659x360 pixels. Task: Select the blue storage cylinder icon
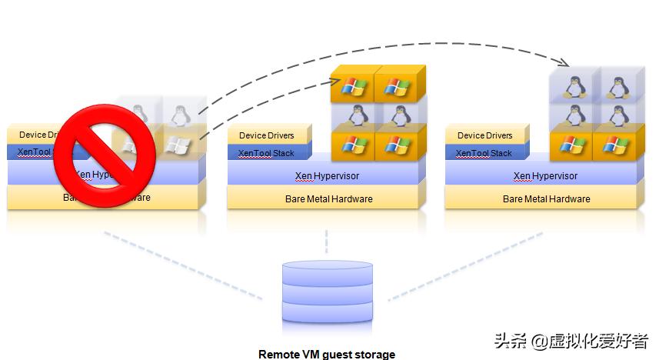coord(327,293)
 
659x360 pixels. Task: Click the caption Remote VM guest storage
coord(327,354)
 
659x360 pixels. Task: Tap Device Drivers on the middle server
coord(267,135)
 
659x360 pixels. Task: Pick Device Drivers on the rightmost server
coord(485,135)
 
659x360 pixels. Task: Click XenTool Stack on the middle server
coord(266,153)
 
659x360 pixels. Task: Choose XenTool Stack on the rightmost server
coord(484,153)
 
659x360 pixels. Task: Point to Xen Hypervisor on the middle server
coord(327,175)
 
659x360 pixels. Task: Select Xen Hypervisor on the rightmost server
coord(545,175)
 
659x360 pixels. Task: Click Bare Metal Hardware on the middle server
coord(327,198)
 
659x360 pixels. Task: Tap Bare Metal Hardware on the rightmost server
coord(545,198)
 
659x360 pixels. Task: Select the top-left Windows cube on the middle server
coord(352,87)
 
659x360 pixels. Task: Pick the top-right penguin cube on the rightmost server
coord(615,86)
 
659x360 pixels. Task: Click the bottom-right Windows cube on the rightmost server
coord(615,144)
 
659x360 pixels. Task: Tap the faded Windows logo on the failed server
coord(177,144)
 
